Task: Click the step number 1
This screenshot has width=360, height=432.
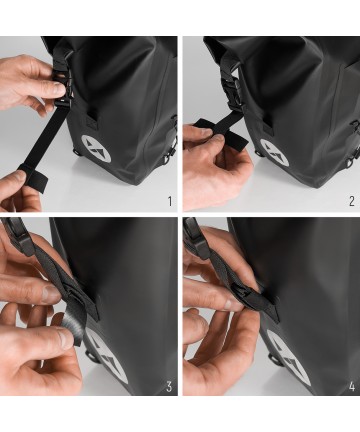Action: [170, 201]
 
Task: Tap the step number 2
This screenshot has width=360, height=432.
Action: [352, 201]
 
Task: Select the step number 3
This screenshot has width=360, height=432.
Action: [169, 387]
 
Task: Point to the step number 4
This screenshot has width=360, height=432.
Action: [352, 387]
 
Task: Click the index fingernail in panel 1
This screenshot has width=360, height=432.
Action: [59, 88]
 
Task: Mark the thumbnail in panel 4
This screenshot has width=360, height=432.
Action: [231, 303]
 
